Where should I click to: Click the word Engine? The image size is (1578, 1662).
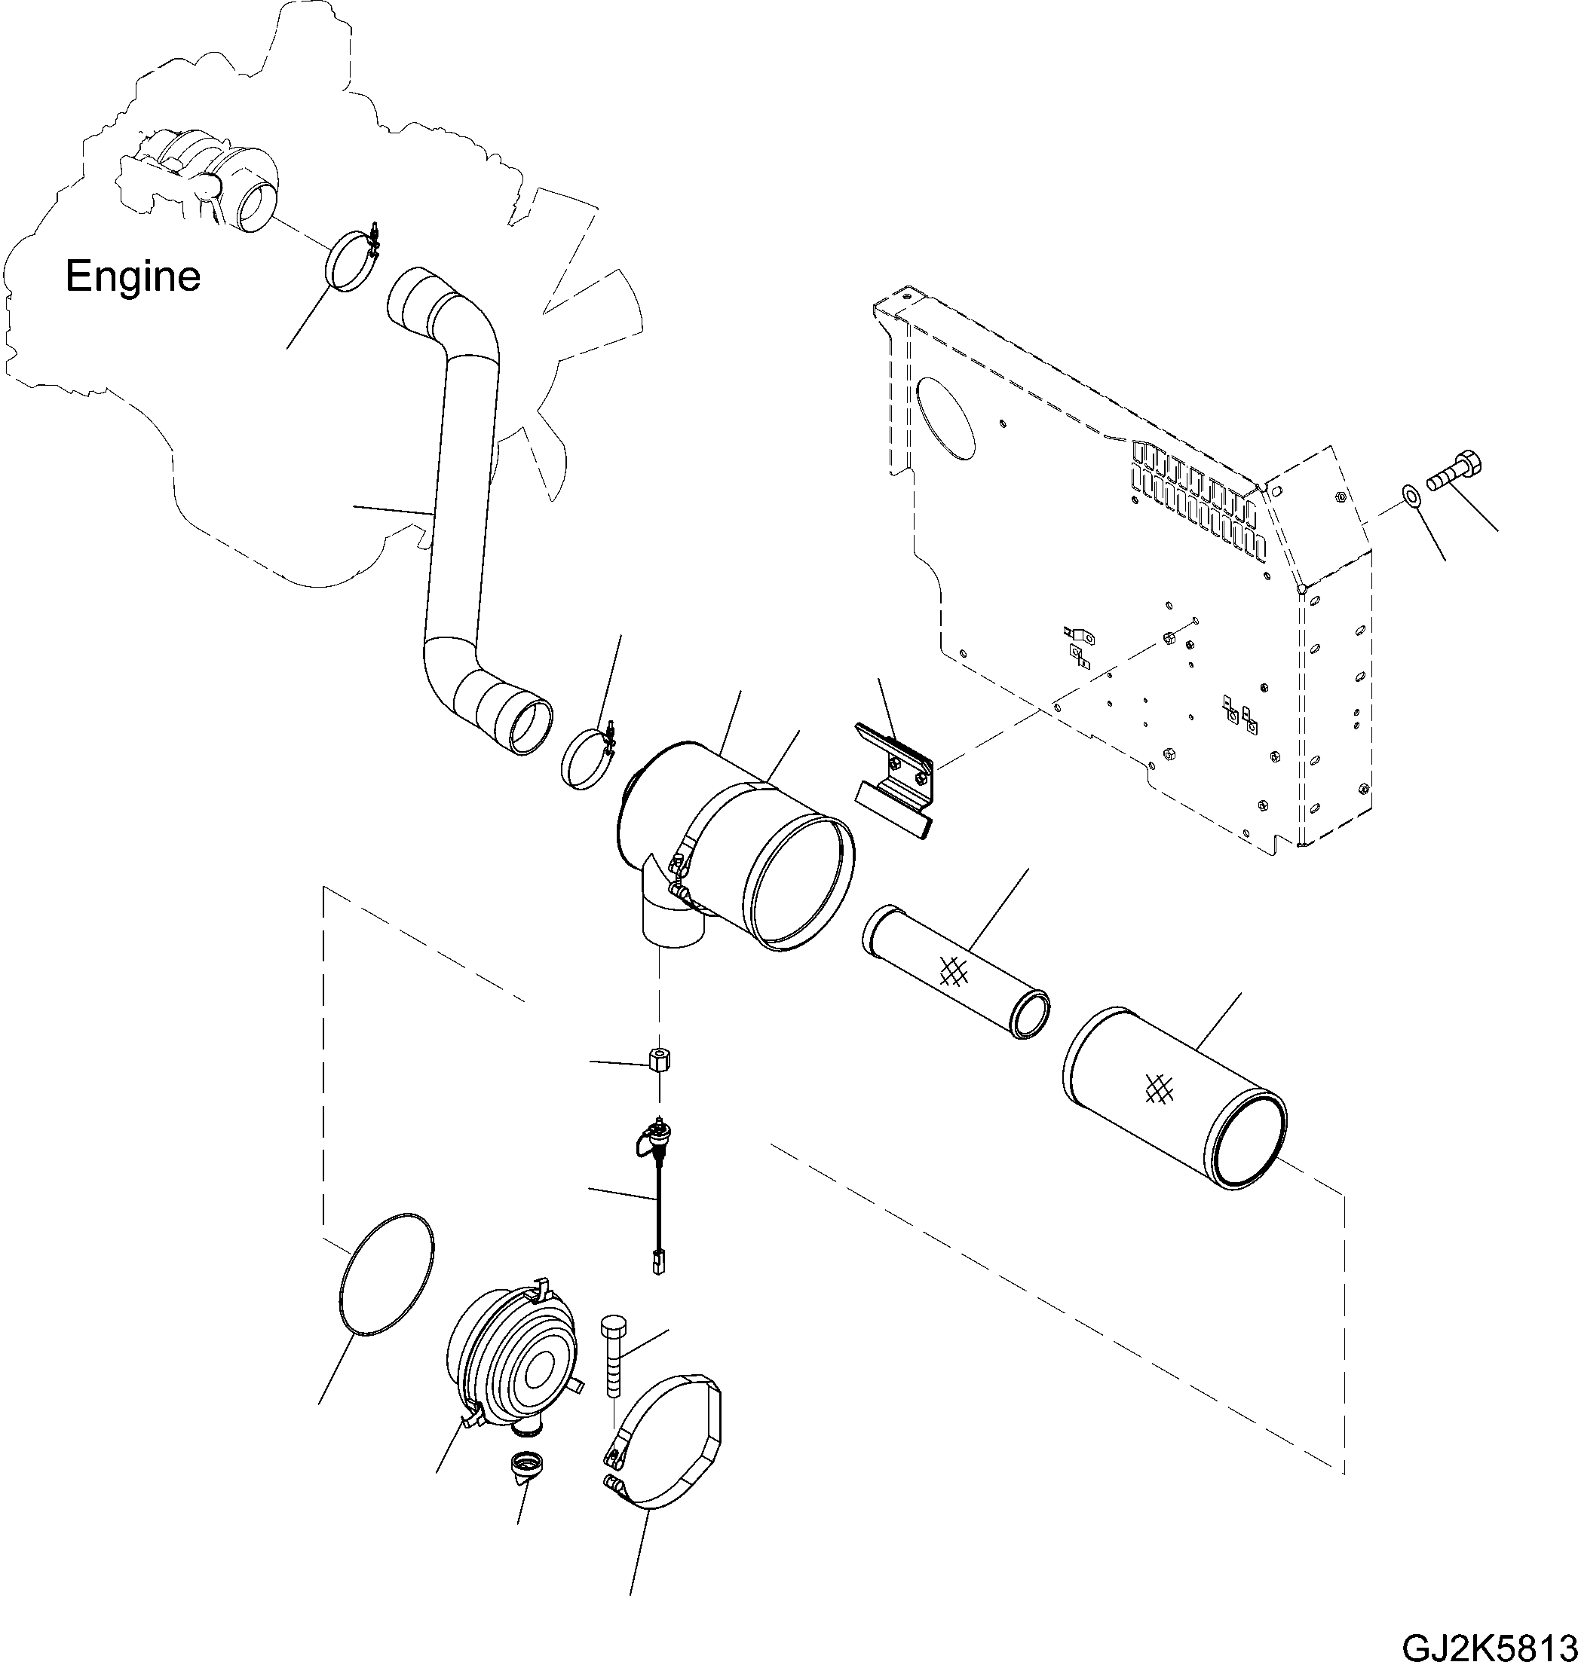coord(133,276)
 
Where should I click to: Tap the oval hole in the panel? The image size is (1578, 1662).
coord(946,423)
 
